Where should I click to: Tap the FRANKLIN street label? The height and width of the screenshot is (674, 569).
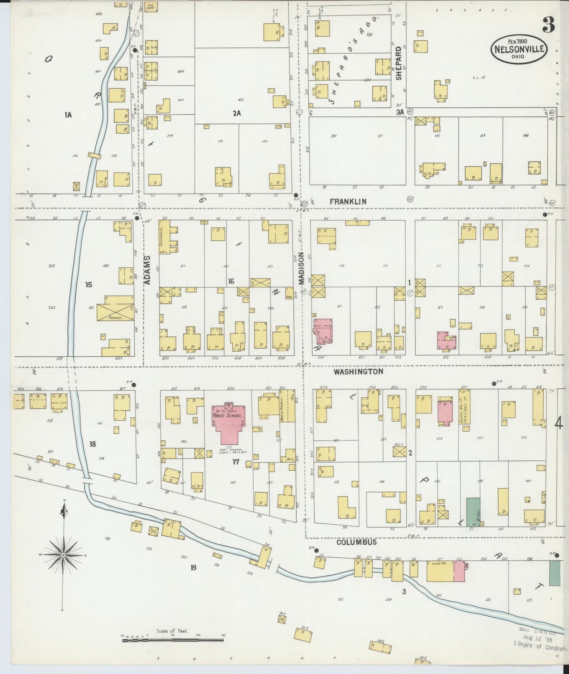[348, 202]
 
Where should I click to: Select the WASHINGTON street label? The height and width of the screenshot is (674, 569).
[358, 372]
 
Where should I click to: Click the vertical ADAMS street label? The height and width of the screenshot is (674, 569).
[147, 270]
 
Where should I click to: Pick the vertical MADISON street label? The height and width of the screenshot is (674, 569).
[302, 268]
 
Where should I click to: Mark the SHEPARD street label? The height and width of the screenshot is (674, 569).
[398, 63]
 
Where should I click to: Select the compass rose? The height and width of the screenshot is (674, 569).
[63, 555]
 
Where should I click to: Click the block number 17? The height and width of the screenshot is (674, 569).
[235, 462]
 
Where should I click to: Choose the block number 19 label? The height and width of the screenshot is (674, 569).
[193, 568]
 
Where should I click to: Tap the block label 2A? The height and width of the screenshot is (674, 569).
[236, 114]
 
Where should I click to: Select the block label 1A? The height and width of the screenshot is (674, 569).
[68, 115]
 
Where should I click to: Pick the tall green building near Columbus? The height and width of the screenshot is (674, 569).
[473, 512]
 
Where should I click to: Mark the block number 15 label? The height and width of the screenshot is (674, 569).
[89, 284]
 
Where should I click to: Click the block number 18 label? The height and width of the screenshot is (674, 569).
[92, 444]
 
